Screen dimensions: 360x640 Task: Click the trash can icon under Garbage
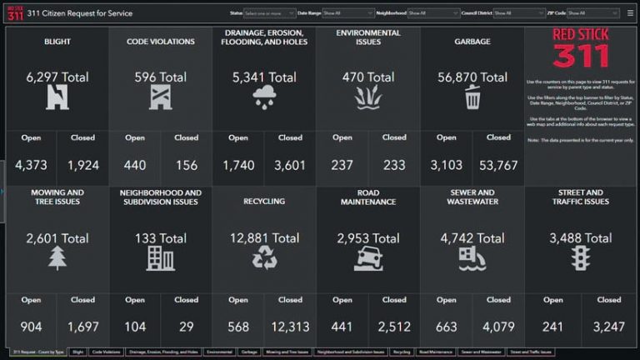[472, 97]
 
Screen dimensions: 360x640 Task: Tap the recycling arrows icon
[264, 258]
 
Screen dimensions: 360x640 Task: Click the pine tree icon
[57, 258]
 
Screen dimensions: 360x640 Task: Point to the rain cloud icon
[264, 97]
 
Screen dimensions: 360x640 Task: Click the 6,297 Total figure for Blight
[57, 77]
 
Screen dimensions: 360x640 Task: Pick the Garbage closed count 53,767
[498, 165]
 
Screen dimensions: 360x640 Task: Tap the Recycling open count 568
[238, 327]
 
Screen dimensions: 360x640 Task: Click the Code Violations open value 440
[135, 165]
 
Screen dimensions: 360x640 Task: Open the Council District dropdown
[519, 13]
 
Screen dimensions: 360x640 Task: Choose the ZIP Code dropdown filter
[593, 13]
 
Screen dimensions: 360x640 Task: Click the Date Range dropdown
[347, 13]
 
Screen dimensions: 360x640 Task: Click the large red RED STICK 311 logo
[581, 48]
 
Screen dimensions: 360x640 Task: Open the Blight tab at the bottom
[78, 352]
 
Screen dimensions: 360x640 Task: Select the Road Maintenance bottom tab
[434, 352]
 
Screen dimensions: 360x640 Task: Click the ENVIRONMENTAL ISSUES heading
[368, 37]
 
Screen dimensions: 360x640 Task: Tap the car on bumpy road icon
[368, 259]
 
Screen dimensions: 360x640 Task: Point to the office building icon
[160, 258]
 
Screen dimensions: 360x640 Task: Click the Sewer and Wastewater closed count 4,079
[498, 327]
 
